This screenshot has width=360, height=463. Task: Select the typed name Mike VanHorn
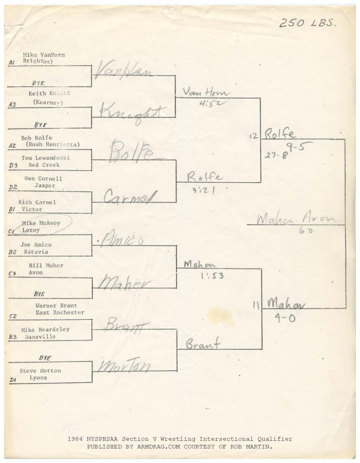click(43, 55)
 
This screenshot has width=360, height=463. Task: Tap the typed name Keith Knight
click(49, 93)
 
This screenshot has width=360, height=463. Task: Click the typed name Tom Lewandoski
click(46, 158)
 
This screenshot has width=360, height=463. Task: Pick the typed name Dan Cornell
click(44, 179)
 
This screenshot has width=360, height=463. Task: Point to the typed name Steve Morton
click(40, 371)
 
